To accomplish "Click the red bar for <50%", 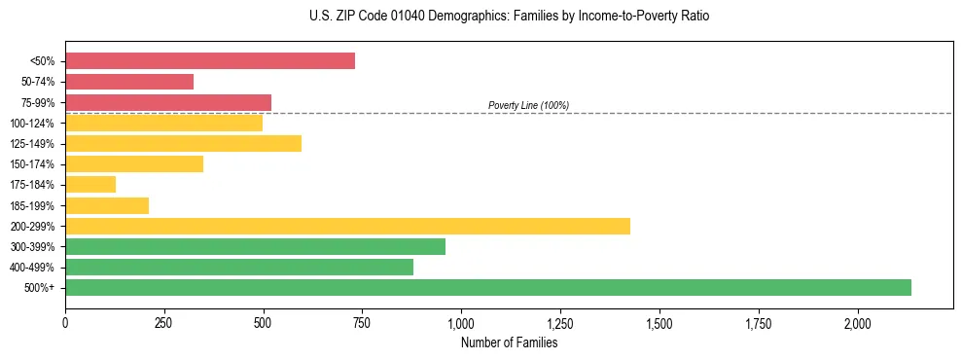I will (210, 61).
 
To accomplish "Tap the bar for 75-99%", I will (168, 102).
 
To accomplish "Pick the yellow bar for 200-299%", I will (347, 226).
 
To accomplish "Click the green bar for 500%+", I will (488, 287).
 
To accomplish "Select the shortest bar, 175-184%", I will (90, 185).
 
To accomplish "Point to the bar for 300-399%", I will (255, 246).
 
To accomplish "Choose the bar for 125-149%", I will (183, 143).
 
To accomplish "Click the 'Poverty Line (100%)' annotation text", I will (528, 105).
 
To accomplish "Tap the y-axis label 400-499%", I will (32, 268).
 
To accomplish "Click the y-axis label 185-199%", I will (32, 205).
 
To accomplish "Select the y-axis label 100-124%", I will (32, 124).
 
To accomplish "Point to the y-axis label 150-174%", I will (32, 164).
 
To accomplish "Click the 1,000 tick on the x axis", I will (461, 322).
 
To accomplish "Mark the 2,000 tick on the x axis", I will (857, 322).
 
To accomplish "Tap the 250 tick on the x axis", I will (164, 322).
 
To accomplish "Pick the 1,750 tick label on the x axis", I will (758, 322).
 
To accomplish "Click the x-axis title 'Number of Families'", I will (509, 342).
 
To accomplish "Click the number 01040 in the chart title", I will (389, 17).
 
